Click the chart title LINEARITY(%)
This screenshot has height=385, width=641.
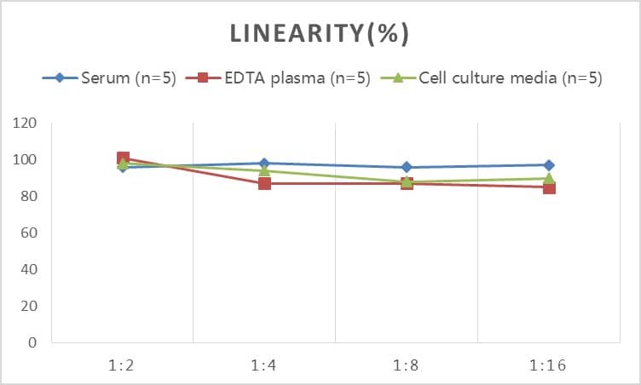pos(320,34)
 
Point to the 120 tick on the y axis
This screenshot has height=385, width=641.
pos(26,124)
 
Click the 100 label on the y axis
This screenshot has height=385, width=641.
pos(26,160)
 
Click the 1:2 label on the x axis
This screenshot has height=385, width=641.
pos(123,366)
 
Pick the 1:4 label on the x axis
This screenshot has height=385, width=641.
pos(264,366)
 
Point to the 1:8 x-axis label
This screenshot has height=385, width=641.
pos(407,366)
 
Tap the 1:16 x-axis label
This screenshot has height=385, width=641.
pos(549,366)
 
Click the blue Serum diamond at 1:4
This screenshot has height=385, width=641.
pos(264,164)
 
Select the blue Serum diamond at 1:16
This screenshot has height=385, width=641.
pos(549,165)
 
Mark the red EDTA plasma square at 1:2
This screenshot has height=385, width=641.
pos(123,158)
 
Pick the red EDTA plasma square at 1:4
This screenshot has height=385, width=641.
pos(264,183)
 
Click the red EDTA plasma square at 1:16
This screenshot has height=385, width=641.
pos(549,187)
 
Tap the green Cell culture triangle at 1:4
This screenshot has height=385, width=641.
pos(264,170)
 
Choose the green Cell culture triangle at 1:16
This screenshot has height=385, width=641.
pos(549,178)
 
